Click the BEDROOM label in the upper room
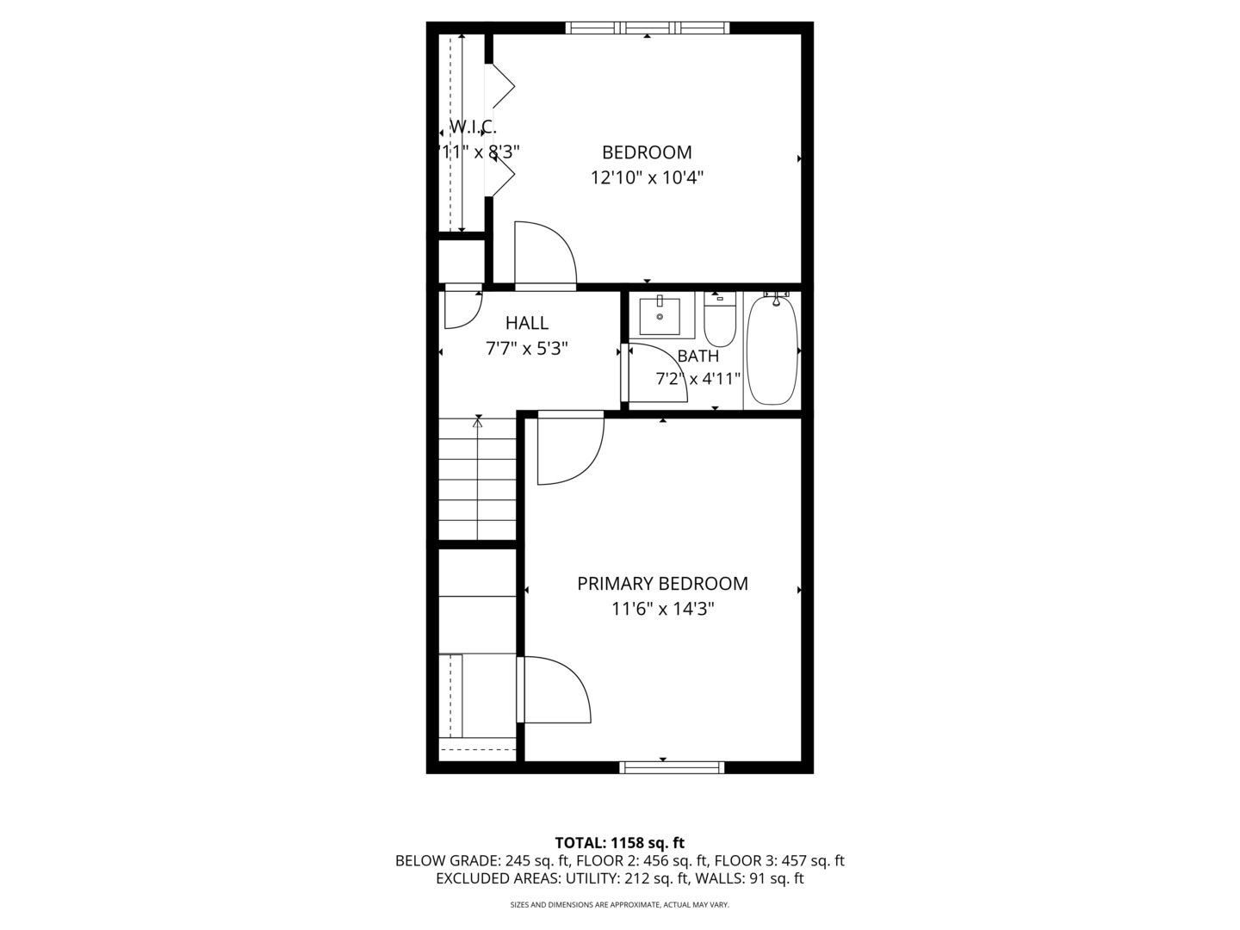coord(646,152)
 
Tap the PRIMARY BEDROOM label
coord(662,583)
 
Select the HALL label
coord(527,323)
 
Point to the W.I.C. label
coord(474,127)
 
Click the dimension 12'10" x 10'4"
coord(647,178)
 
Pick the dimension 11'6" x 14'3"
coord(663,609)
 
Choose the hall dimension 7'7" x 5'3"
coord(527,349)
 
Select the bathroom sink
coord(660,316)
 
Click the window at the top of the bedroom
coord(648,28)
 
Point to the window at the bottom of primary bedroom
coord(672,767)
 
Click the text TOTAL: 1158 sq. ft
coord(619,843)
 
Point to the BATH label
coord(697,356)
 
